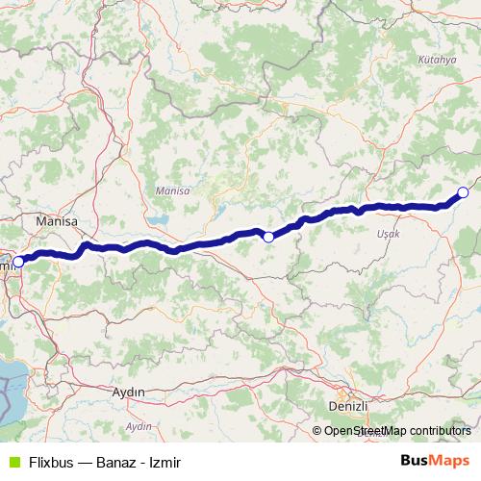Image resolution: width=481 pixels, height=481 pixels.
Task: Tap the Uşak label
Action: tap(389, 234)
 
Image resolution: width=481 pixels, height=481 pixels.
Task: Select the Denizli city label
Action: tap(347, 406)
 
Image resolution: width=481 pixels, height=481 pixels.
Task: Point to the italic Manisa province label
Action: tap(173, 191)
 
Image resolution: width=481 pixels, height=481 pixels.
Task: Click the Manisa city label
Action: tap(55, 221)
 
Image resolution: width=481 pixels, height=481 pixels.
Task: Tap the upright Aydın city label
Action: tap(128, 392)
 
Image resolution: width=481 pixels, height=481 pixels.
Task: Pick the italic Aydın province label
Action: tap(139, 425)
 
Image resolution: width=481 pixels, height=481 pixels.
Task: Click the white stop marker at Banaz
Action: tap(463, 192)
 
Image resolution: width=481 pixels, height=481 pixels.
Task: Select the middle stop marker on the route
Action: tap(268, 236)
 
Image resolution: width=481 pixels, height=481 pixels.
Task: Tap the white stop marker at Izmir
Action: tap(17, 262)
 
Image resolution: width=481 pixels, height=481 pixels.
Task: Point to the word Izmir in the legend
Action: tap(165, 462)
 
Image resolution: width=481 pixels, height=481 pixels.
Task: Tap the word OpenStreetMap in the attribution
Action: tap(366, 430)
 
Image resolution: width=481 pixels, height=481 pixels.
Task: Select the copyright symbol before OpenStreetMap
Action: tap(317, 430)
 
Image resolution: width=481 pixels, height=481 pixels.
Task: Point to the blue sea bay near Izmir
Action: tap(14, 380)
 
